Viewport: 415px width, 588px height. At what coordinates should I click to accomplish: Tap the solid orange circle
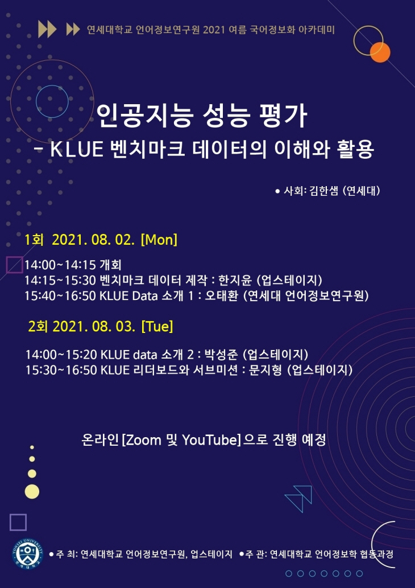pyautogui.click(x=380, y=52)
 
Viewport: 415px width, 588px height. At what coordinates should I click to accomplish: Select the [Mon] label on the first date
pyautogui.click(x=159, y=240)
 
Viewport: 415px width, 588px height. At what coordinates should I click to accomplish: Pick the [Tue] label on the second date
pyautogui.click(x=157, y=327)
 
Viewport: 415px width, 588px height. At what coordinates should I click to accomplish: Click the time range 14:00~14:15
pyautogui.click(x=60, y=265)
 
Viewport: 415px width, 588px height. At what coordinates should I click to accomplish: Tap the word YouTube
pyautogui.click(x=210, y=440)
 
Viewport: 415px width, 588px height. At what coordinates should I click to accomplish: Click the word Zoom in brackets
pyautogui.click(x=143, y=440)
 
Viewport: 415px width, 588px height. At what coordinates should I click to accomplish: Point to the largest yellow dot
pyautogui.click(x=32, y=492)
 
